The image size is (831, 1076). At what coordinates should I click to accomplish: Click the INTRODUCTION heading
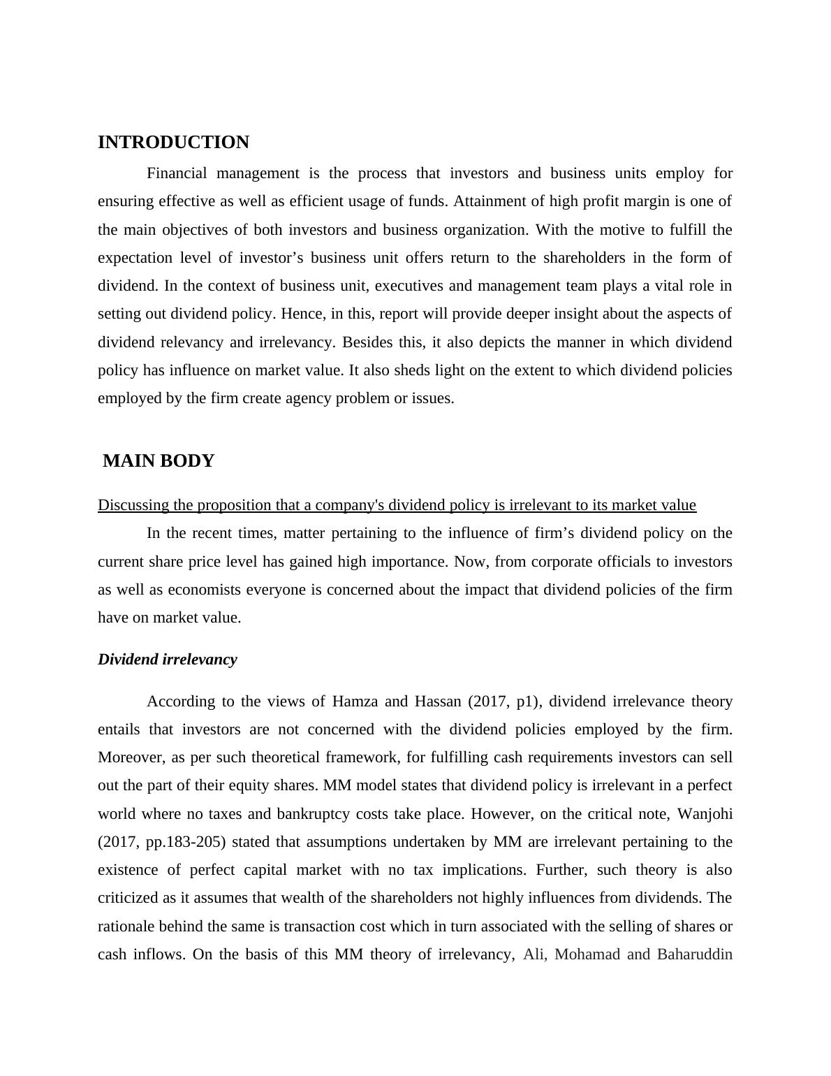click(173, 143)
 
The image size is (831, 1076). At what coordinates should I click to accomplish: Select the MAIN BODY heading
click(159, 461)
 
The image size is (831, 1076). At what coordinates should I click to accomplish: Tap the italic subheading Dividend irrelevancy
click(168, 660)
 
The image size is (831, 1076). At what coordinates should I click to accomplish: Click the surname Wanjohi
click(705, 814)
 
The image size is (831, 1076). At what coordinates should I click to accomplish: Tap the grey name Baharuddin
click(694, 954)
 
